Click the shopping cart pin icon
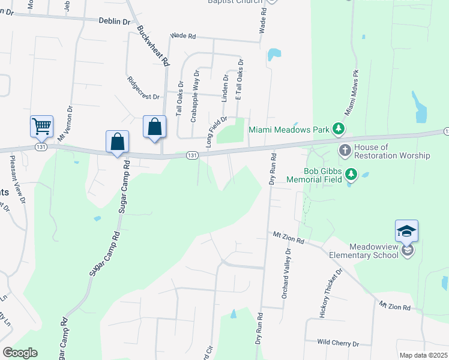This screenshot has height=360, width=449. tap(41, 127)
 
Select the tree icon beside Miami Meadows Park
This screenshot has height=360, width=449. tap(339, 128)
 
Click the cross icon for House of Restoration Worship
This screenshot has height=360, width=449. tap(345, 150)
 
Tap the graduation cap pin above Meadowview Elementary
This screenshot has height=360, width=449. tap(406, 231)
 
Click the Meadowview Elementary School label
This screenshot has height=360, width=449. tap(364, 250)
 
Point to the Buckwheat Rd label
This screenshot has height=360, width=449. tap(154, 45)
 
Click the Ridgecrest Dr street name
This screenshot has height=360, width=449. tap(143, 88)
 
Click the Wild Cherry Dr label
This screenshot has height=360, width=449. tap(338, 344)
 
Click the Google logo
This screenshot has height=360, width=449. tap(20, 353)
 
